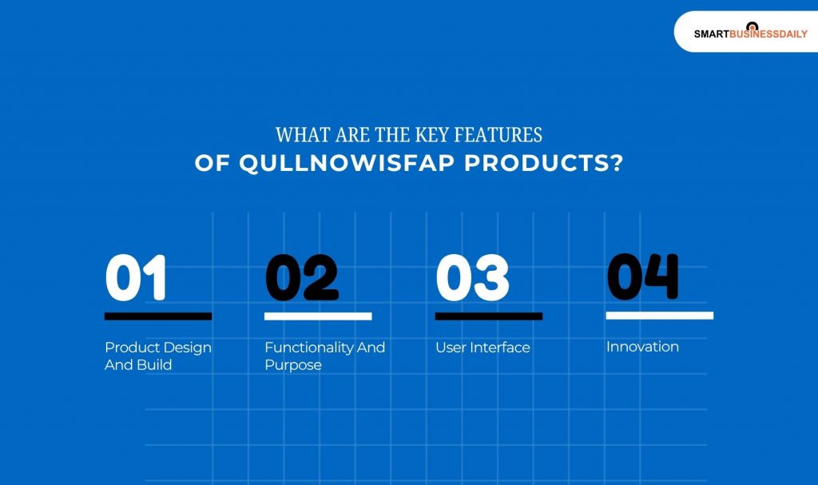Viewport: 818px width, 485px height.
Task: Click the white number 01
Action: [x=136, y=278]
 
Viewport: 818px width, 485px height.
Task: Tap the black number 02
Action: [x=301, y=278]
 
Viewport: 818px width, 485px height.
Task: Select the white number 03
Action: [x=472, y=278]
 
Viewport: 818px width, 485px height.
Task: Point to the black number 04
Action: [x=643, y=276]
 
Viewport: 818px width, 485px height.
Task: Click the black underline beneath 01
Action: [x=158, y=316]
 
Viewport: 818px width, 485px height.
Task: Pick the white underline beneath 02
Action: [x=318, y=316]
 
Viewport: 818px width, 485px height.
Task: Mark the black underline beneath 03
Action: [x=489, y=316]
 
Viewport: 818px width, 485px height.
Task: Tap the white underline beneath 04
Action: [x=660, y=316]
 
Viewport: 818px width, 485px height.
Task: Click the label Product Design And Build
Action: [x=158, y=356]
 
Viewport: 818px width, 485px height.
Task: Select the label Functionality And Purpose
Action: [x=324, y=356]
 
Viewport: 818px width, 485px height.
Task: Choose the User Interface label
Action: [x=482, y=348]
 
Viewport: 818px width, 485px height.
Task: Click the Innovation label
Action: [x=642, y=347]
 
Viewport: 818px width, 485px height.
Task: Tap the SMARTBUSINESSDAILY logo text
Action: [x=750, y=34]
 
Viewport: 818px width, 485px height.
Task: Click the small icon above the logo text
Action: [x=751, y=26]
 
